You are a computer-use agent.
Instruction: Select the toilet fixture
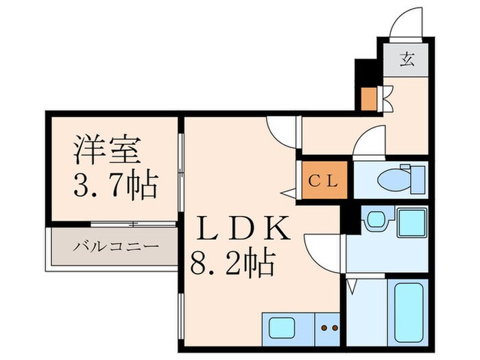pos(394,180)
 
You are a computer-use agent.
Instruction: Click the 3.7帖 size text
pos(115,184)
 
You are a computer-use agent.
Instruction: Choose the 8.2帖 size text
pos(233,263)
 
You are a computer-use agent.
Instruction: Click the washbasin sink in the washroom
pos(375,220)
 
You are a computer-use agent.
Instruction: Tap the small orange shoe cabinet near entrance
pos(369,99)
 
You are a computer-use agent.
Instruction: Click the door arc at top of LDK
pos(280,127)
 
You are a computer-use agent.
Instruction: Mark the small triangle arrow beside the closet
pos(289,193)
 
